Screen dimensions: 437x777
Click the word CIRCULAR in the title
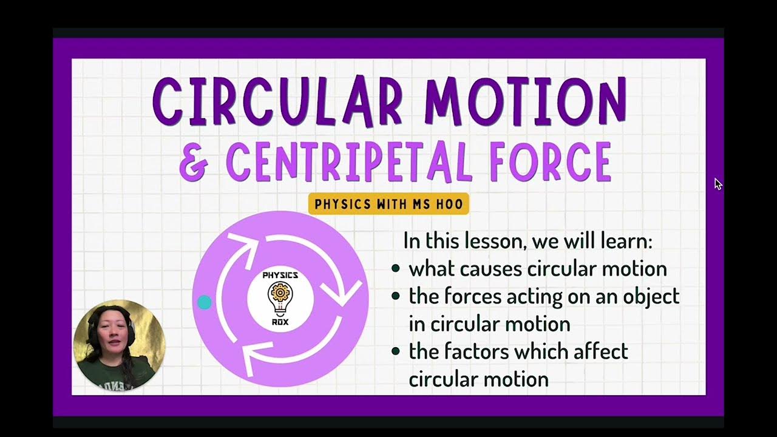point(277,101)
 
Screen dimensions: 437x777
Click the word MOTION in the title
point(525,101)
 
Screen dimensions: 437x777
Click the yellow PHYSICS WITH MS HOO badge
point(388,204)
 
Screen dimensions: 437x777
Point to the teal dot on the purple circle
point(205,302)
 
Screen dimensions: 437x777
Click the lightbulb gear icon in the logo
point(280,297)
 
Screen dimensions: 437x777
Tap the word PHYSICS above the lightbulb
point(280,276)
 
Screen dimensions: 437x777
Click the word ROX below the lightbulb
point(280,322)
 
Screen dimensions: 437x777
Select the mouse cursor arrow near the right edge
point(718,184)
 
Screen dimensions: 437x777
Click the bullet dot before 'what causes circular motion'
point(396,268)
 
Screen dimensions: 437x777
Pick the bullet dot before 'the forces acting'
point(396,296)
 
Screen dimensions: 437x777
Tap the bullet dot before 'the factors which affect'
point(396,351)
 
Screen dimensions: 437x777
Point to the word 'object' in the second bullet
point(651,296)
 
